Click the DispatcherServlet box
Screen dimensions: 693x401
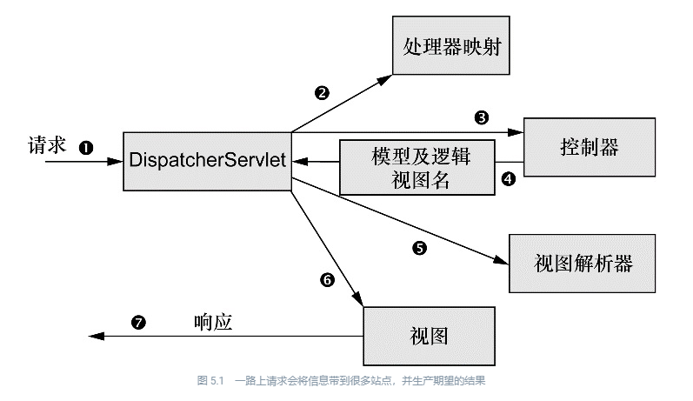pyautogui.click(x=207, y=162)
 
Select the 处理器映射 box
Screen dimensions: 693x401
pyautogui.click(x=450, y=45)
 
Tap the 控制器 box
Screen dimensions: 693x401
pyautogui.click(x=590, y=147)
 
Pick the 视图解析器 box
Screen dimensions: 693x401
pyautogui.click(x=582, y=264)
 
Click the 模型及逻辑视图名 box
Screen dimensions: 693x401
pyautogui.click(x=416, y=168)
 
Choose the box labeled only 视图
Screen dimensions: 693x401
pyautogui.click(x=429, y=336)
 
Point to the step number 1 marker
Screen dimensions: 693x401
pyautogui.click(x=86, y=147)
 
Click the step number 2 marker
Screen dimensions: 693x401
pyautogui.click(x=322, y=93)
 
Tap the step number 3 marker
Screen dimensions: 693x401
pyautogui.click(x=482, y=117)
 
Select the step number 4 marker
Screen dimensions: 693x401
pyautogui.click(x=509, y=179)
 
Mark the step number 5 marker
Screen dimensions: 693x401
pyautogui.click(x=419, y=248)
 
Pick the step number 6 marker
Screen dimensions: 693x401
pyautogui.click(x=327, y=280)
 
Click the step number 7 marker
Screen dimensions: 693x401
pyautogui.click(x=138, y=323)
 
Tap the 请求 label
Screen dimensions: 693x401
pyautogui.click(x=47, y=145)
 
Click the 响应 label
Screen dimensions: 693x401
pyautogui.click(x=213, y=323)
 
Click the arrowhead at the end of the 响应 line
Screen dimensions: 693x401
pyautogui.click(x=97, y=337)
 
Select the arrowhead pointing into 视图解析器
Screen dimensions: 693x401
pyautogui.click(x=501, y=260)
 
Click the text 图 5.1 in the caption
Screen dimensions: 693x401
pyautogui.click(x=210, y=381)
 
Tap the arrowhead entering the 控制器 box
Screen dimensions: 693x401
pyautogui.click(x=516, y=132)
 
